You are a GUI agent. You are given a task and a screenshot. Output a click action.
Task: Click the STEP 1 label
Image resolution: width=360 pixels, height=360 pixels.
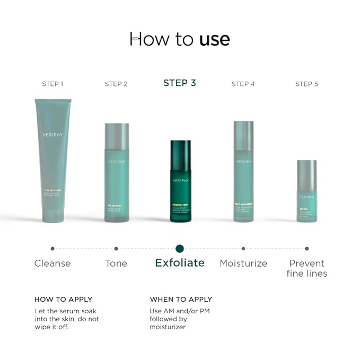(52, 84)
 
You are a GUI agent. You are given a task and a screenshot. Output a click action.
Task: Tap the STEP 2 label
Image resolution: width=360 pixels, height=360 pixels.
(116, 84)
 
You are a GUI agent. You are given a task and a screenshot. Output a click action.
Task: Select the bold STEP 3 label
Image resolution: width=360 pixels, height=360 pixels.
(180, 83)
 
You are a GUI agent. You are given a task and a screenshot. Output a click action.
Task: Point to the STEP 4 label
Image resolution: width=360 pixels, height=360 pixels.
(243, 84)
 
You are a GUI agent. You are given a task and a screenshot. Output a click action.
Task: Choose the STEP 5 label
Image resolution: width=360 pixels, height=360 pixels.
(307, 84)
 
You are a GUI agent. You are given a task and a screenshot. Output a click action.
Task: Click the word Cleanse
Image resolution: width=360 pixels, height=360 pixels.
(52, 264)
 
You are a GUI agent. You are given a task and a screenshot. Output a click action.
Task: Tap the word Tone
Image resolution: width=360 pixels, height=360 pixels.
(116, 264)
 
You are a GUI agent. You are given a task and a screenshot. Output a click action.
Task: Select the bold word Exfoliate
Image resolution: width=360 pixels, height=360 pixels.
(180, 263)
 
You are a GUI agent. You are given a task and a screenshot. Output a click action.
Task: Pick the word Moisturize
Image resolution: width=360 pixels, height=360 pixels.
(243, 264)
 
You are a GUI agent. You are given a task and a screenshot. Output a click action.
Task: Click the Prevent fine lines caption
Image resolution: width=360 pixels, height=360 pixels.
(307, 268)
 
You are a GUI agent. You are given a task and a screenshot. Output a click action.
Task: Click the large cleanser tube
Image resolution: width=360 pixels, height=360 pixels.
(52, 159)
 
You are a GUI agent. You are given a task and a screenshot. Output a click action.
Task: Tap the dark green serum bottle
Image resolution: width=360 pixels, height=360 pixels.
(180, 180)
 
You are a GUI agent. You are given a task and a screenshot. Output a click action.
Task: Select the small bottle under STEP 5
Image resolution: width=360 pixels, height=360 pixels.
(307, 191)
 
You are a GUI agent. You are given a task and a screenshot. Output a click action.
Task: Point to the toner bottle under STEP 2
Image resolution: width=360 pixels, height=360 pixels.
(117, 172)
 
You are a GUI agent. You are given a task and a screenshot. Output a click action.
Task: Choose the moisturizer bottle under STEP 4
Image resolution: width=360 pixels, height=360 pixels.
(243, 171)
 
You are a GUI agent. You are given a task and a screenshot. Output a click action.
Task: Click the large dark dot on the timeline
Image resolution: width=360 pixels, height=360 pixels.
(180, 248)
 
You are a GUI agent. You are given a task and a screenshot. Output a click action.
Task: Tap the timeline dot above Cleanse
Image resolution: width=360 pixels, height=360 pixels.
(52, 248)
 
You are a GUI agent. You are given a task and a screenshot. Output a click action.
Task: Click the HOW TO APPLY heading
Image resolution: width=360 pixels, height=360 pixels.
(63, 300)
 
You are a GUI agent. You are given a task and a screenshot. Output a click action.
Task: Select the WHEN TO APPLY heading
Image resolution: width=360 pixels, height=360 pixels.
(181, 300)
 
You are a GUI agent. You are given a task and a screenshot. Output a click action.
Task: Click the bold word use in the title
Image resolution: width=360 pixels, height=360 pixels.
(215, 39)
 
